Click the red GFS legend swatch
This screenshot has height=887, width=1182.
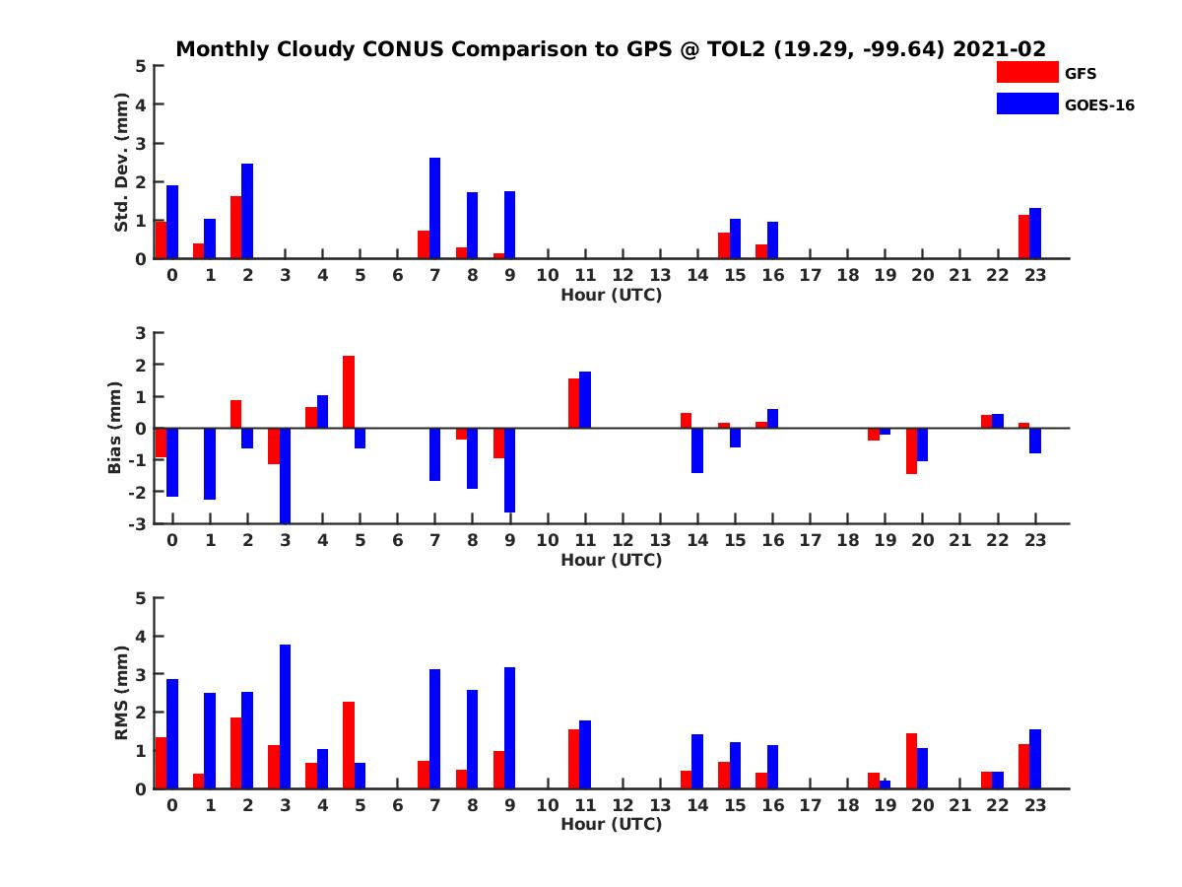click(1026, 72)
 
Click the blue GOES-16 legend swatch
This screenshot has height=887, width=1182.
click(1026, 103)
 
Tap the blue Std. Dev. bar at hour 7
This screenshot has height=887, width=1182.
click(434, 208)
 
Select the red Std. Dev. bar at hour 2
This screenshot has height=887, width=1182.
click(235, 228)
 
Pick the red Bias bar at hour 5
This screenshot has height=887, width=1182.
click(349, 392)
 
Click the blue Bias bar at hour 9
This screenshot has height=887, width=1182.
click(509, 470)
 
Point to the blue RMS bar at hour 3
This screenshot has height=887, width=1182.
click(285, 716)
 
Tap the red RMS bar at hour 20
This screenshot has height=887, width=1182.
click(911, 761)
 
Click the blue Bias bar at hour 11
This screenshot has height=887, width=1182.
click(585, 400)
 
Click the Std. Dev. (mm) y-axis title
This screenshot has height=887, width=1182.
click(121, 163)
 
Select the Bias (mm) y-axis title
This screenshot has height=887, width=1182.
click(115, 429)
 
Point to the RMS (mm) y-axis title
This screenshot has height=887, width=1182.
click(121, 693)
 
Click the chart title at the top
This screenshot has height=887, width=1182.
click(611, 49)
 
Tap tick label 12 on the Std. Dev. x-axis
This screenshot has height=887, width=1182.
click(623, 276)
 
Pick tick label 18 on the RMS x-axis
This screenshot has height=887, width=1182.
click(847, 805)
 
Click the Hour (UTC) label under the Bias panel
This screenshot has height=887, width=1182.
click(611, 560)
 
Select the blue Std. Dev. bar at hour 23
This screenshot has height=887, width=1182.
click(1034, 234)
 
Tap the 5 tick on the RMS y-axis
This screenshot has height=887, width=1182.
click(141, 597)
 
